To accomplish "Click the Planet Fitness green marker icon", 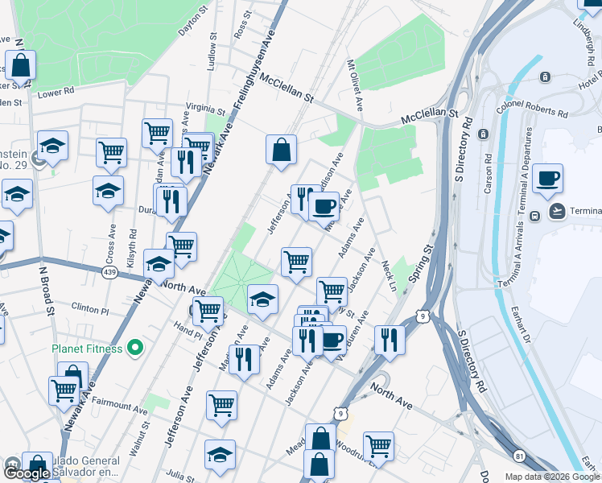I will [x=135, y=349].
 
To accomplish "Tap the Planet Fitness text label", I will [x=87, y=349].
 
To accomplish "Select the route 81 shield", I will [x=519, y=456].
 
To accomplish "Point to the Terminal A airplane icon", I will [x=556, y=211].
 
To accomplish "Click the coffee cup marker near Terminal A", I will [x=547, y=178].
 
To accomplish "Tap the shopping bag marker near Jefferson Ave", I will [x=282, y=150].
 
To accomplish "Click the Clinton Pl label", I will [x=89, y=308].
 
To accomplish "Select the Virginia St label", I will [x=205, y=109].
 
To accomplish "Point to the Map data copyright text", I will [x=552, y=477].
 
